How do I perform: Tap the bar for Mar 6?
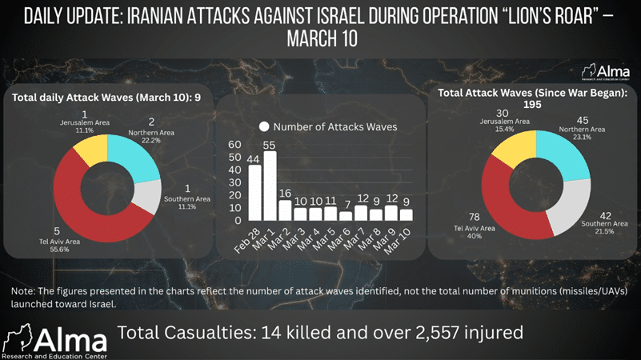pyautogui.click(x=346, y=215)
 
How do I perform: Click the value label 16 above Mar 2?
pyautogui.click(x=285, y=194)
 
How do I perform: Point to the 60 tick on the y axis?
pyautogui.click(x=235, y=145)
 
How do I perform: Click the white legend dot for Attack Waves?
pyautogui.click(x=263, y=126)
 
